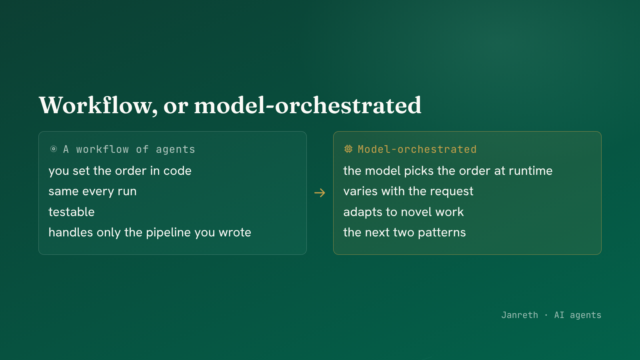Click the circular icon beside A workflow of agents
[54, 149]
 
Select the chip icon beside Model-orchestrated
[348, 149]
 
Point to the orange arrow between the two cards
[320, 193]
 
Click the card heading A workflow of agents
[129, 149]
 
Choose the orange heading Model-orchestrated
[417, 149]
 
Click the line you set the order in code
[120, 171]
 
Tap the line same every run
[92, 191]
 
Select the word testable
[72, 212]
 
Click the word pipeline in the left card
[168, 232]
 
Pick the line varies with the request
[408, 191]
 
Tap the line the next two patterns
[404, 232]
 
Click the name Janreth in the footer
[520, 315]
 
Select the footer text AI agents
[578, 315]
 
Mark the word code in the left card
[178, 171]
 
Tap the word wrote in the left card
[235, 232]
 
